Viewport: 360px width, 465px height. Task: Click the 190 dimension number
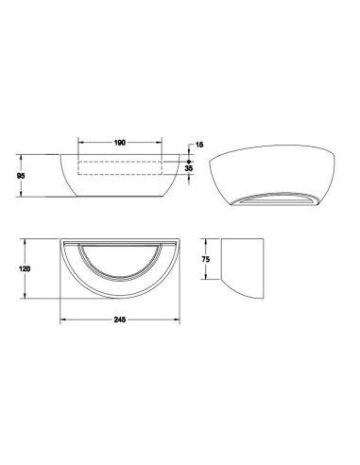tap(120, 143)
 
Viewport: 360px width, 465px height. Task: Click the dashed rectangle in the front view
tap(120, 166)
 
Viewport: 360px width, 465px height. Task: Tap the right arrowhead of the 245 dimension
tap(178, 321)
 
